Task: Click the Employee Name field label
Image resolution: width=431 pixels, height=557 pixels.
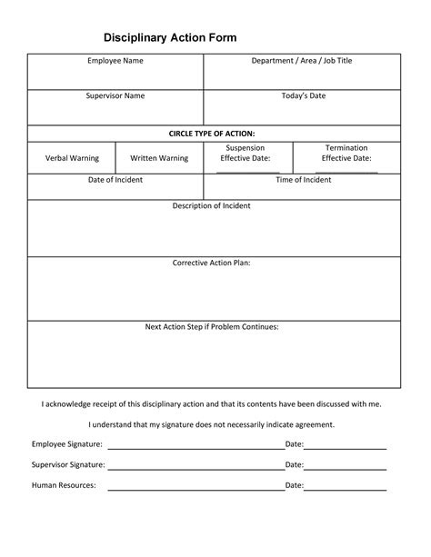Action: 115,61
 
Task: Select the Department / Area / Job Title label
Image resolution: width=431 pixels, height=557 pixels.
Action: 301,61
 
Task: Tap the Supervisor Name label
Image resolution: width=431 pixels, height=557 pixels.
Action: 115,95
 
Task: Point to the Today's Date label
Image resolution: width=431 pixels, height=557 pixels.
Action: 301,95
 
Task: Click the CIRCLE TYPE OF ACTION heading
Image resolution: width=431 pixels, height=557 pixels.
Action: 212,134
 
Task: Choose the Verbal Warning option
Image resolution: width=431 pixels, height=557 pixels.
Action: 72,158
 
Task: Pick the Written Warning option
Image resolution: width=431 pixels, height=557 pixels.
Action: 159,158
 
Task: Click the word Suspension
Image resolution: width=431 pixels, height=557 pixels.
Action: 246,147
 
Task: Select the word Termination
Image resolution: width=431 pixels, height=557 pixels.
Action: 346,147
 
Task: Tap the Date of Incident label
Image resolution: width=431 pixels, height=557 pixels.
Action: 115,180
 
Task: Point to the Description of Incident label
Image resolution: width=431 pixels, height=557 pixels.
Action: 212,206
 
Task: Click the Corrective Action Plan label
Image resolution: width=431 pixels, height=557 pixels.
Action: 212,264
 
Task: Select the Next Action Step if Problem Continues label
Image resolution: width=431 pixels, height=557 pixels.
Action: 212,326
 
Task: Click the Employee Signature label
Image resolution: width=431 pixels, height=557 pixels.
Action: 67,444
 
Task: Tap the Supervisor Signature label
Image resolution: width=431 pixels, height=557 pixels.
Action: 68,464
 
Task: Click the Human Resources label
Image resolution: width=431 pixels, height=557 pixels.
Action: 64,485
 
